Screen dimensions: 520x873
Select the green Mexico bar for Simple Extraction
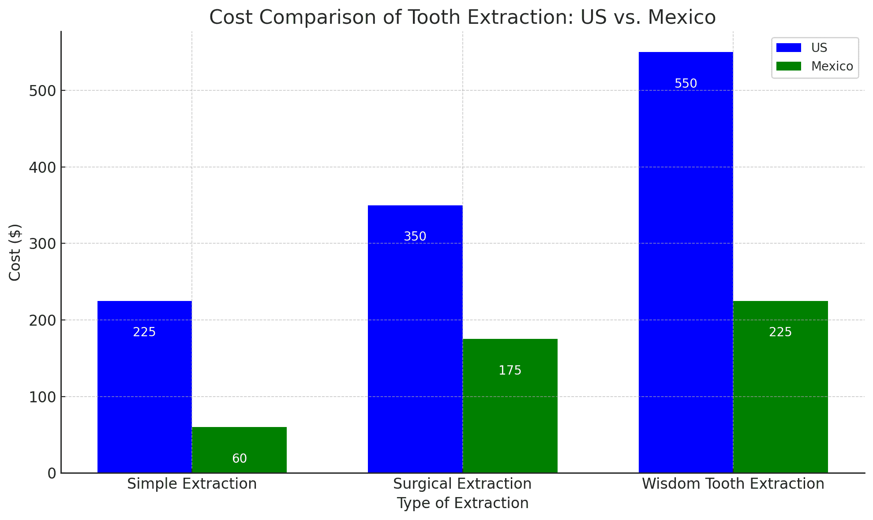[x=239, y=445]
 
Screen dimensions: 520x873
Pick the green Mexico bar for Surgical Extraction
[x=510, y=410]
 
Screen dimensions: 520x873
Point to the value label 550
[x=686, y=83]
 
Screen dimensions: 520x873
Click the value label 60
[x=239, y=459]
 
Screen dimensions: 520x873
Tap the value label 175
[x=510, y=371]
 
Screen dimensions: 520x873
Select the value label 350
[x=415, y=237]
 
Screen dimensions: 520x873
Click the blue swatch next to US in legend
[x=789, y=48]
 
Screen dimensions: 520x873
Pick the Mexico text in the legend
[x=832, y=67]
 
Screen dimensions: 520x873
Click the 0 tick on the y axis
[x=52, y=474]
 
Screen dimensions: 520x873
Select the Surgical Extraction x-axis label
[x=462, y=484]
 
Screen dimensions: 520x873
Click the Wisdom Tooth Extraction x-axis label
[x=733, y=484]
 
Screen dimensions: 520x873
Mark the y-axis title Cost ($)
[x=15, y=252]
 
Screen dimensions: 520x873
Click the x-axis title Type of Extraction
[x=462, y=503]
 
